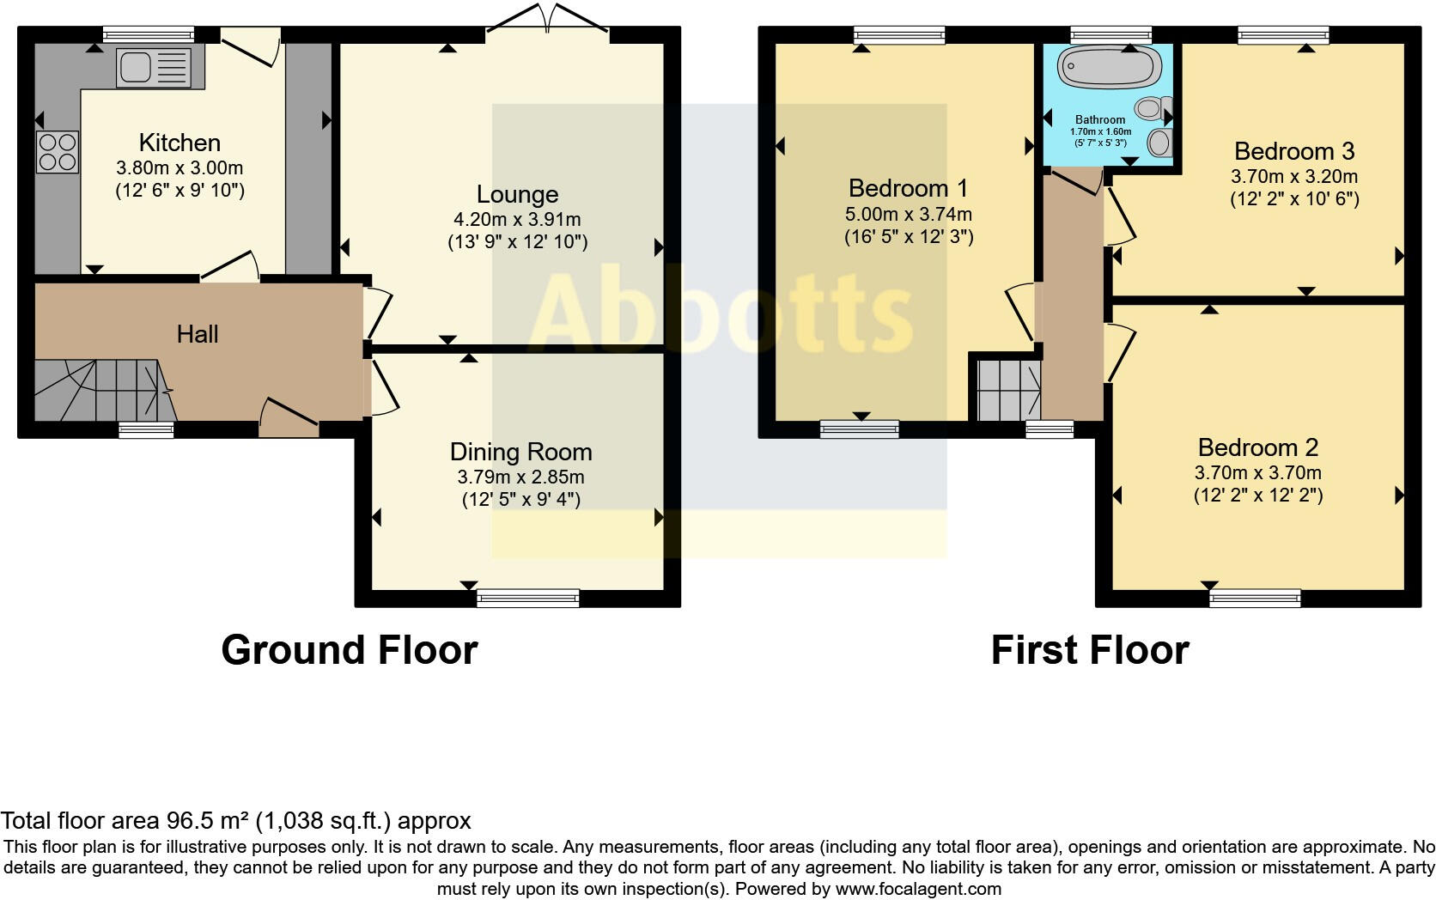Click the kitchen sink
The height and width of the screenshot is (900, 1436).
pyautogui.click(x=161, y=67)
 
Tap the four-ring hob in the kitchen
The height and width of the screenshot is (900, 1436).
pyautogui.click(x=58, y=152)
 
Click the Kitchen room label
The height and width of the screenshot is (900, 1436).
pyautogui.click(x=179, y=143)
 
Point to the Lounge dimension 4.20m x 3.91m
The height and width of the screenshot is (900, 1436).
pyautogui.click(x=517, y=219)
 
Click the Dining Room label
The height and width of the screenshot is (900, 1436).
pyautogui.click(x=520, y=452)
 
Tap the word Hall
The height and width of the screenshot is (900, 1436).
pyautogui.click(x=198, y=334)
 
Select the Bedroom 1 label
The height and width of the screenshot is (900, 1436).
pyautogui.click(x=908, y=188)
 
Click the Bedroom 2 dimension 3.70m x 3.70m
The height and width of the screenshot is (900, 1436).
pyautogui.click(x=1257, y=472)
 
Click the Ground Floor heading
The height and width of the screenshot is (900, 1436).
pyautogui.click(x=349, y=650)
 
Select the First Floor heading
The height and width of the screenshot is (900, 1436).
pyautogui.click(x=1089, y=650)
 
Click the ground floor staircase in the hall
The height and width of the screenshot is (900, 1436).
pyautogui.click(x=99, y=390)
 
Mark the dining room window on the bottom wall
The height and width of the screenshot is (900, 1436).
pyautogui.click(x=528, y=598)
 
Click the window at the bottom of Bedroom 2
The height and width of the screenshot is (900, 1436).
pyautogui.click(x=1255, y=598)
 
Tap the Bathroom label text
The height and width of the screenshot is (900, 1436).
pyautogui.click(x=1100, y=119)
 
